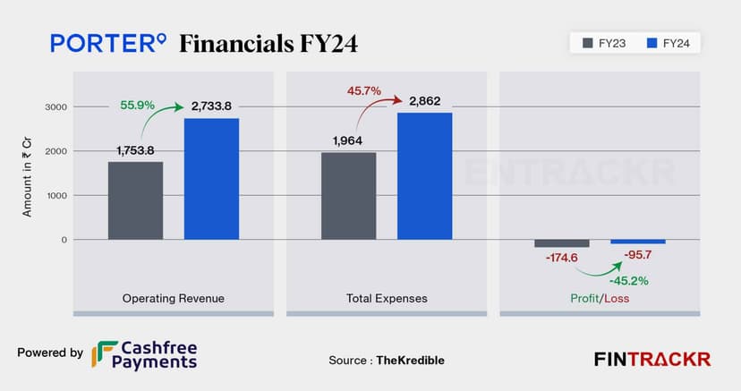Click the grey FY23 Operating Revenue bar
[135, 200]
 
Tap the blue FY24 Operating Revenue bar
[211, 179]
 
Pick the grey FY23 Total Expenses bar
[348, 196]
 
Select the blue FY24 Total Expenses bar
[424, 176]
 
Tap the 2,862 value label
[426, 100]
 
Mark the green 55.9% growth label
[138, 105]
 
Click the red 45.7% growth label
[364, 90]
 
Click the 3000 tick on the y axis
[56, 106]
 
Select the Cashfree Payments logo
[144, 355]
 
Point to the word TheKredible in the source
[412, 360]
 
